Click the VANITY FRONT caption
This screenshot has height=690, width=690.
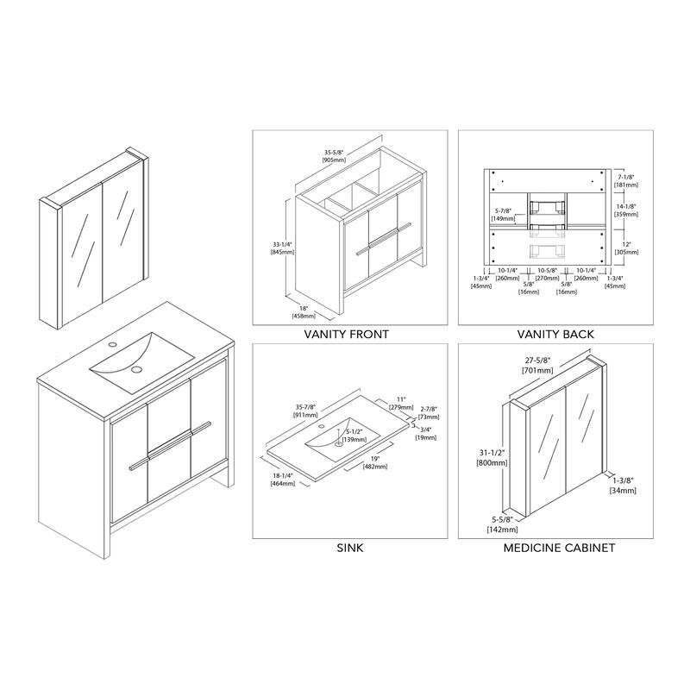(347, 335)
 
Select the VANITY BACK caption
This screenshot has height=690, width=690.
(555, 335)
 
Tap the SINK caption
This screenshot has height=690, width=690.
(350, 548)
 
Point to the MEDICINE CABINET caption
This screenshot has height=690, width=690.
(559, 548)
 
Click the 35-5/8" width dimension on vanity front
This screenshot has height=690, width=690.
(335, 153)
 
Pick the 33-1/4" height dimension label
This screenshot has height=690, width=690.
(282, 244)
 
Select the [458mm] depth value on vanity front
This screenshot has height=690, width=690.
(304, 316)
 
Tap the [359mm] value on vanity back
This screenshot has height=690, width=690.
(626, 214)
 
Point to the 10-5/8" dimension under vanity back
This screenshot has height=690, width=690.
(548, 270)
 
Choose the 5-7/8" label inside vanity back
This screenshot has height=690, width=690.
(503, 211)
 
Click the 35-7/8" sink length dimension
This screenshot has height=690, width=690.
(305, 407)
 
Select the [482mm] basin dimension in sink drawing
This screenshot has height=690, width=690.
(375, 467)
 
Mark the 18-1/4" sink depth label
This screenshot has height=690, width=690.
(283, 476)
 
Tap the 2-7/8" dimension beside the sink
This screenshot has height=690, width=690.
(429, 409)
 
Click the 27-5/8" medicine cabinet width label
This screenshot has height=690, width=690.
(536, 361)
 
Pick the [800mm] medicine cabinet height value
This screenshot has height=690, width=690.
(492, 463)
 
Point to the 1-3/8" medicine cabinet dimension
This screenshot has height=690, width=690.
(623, 481)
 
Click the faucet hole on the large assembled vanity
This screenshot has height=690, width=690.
(113, 343)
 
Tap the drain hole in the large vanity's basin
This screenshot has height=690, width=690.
(137, 368)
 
